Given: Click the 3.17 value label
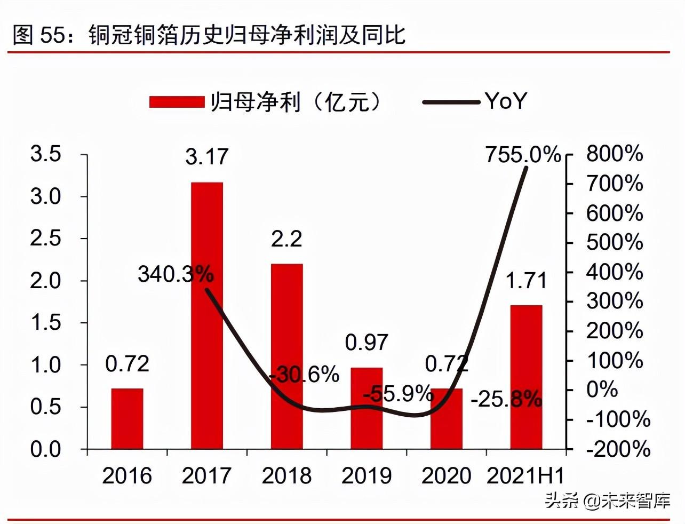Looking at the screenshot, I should pyautogui.click(x=206, y=157).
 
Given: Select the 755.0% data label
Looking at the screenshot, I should pyautogui.click(x=523, y=155).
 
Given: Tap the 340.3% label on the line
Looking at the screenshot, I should pyautogui.click(x=176, y=274).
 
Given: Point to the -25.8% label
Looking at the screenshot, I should pyautogui.click(x=506, y=399).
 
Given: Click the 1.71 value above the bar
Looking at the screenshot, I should pyautogui.click(x=526, y=281).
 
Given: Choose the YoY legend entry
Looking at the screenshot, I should pyautogui.click(x=475, y=101).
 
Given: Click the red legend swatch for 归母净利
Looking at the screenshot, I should pyautogui.click(x=177, y=101).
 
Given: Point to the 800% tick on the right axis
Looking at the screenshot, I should pyautogui.click(x=615, y=154).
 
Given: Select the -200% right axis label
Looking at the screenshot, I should pyautogui.click(x=618, y=449).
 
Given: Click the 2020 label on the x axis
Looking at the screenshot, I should pyautogui.click(x=446, y=476).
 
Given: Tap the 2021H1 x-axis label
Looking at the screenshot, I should pyautogui.click(x=525, y=476).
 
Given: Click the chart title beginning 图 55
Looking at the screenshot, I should pyautogui.click(x=209, y=35).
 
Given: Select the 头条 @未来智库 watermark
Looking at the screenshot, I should pyautogui.click(x=607, y=501).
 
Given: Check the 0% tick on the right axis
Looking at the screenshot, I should pyautogui.click(x=602, y=390).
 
